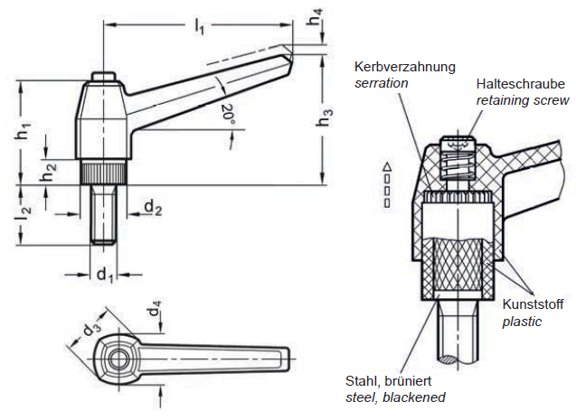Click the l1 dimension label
pos(199,28)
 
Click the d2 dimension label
pos(153,209)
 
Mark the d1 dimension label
pos(105,272)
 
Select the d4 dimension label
pos(156,313)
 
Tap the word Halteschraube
pos(521,83)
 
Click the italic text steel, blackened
pos(395,397)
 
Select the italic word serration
pos(381,82)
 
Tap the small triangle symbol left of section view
pos(387,167)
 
